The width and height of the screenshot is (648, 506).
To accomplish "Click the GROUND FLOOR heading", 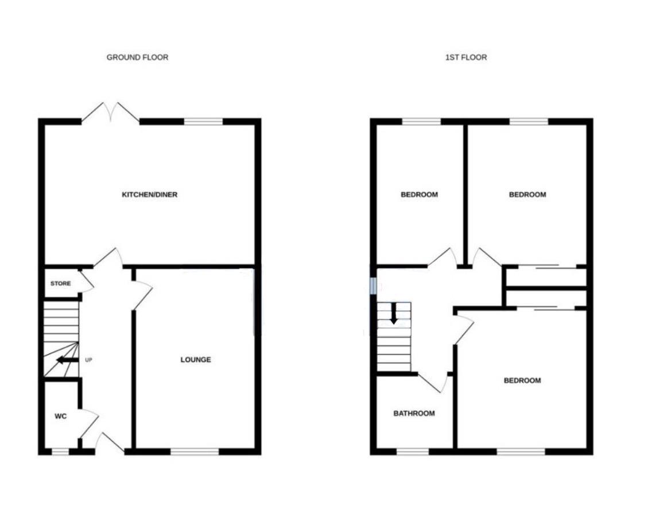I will click(x=137, y=57).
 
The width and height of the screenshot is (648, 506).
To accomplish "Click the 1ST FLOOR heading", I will click(x=466, y=57).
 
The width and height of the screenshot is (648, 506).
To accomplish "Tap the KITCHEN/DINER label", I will click(x=149, y=194).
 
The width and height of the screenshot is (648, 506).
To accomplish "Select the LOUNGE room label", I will click(x=196, y=360).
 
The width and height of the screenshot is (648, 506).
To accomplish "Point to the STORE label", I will click(x=60, y=283).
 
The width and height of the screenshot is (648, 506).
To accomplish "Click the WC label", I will click(x=61, y=417).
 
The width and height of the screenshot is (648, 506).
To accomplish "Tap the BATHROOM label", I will click(x=413, y=413).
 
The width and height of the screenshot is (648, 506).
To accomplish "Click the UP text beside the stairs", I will click(x=88, y=360).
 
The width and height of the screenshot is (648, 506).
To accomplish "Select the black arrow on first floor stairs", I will click(x=394, y=314).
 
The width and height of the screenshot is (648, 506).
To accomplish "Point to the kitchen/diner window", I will click(x=203, y=121).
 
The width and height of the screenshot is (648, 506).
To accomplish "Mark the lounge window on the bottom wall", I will click(x=195, y=451).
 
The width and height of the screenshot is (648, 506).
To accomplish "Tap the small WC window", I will click(x=60, y=452).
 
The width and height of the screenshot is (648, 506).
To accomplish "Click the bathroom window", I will click(x=413, y=451).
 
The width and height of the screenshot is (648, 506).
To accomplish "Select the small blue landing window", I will click(x=373, y=285).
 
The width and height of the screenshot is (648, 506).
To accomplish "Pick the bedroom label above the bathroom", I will click(x=419, y=194).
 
